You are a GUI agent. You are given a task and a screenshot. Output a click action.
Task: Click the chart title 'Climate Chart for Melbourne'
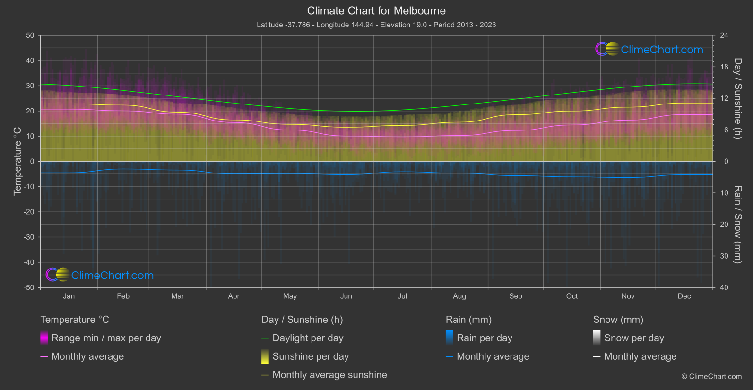pyautogui.click(x=376, y=11)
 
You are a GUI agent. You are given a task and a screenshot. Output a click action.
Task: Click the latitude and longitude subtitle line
pyautogui.click(x=376, y=25)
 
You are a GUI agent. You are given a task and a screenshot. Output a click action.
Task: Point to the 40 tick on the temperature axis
pyautogui.click(x=30, y=61)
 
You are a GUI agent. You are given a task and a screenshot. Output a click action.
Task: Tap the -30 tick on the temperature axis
pyautogui.click(x=29, y=237)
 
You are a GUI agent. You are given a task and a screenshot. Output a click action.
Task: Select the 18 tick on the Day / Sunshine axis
pyautogui.click(x=724, y=67)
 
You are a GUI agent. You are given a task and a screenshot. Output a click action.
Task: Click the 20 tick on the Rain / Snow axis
pyautogui.click(x=724, y=225)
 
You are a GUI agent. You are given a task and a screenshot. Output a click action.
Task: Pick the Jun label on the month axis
pyautogui.click(x=346, y=296)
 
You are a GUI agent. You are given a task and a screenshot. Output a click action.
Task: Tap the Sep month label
pyautogui.click(x=515, y=296)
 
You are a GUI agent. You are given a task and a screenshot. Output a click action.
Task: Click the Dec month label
pyautogui.click(x=684, y=296)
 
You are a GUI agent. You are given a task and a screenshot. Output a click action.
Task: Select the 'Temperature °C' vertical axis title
pyautogui.click(x=17, y=161)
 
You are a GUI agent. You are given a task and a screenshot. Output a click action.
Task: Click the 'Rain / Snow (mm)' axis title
pyautogui.click(x=737, y=225)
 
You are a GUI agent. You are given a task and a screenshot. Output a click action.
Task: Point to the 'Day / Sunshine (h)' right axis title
pyautogui.click(x=737, y=98)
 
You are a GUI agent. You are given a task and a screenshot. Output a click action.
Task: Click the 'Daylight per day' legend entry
pyautogui.click(x=308, y=338)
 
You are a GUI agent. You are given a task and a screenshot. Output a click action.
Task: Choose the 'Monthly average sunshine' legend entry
pyautogui.click(x=329, y=375)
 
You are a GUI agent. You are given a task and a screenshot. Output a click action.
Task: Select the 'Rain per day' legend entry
pyautogui.click(x=484, y=338)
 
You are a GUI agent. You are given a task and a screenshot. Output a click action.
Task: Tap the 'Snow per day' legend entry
pyautogui.click(x=634, y=338)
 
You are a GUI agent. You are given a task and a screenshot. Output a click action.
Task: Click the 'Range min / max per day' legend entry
pyautogui.click(x=106, y=338)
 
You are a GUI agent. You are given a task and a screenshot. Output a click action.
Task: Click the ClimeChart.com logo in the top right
pyautogui.click(x=649, y=49)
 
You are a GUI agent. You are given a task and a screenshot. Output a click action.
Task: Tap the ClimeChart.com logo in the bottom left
pyautogui.click(x=100, y=275)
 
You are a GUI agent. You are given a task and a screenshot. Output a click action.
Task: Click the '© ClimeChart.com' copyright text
pyautogui.click(x=711, y=377)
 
